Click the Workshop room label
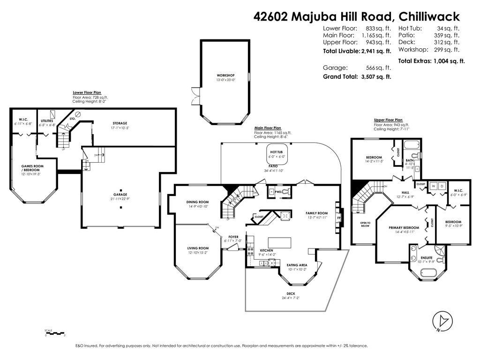225,75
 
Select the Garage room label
120,195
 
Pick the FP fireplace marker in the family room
338,218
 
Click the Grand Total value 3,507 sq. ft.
375,76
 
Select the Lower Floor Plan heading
87,93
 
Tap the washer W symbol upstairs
433,186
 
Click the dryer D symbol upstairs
442,186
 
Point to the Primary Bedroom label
403,228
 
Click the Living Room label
197,248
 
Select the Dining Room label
197,202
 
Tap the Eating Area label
297,265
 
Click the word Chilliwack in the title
429,16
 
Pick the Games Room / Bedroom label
30,168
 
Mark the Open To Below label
365,225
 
